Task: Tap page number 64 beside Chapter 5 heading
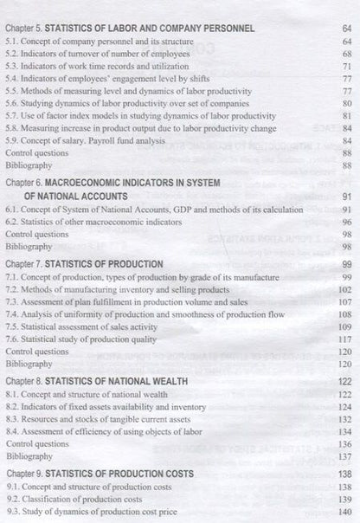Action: (x=345, y=29)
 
